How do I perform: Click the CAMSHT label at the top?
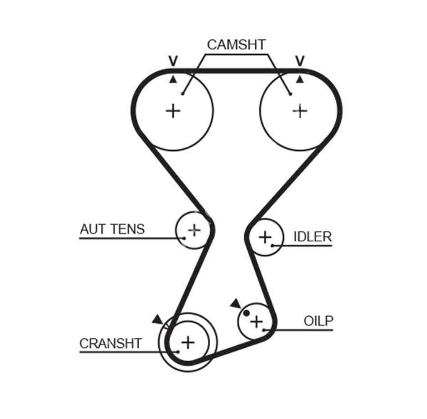[x=236, y=45]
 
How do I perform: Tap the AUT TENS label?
[x=112, y=229]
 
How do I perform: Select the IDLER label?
[x=312, y=237]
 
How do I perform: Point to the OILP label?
[x=318, y=321]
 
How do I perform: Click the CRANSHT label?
[x=111, y=344]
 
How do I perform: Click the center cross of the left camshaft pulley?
[x=173, y=111]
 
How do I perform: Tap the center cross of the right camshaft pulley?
[x=300, y=111]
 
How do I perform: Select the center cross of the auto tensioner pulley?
[x=194, y=229]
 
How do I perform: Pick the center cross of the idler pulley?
[x=265, y=237]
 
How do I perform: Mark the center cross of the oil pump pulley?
[x=256, y=322]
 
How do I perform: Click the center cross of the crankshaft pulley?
[x=188, y=342]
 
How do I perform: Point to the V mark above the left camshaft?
[x=173, y=61]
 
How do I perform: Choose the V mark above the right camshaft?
[x=300, y=61]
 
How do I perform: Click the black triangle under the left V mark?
[x=173, y=79]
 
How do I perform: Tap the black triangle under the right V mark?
[x=300, y=79]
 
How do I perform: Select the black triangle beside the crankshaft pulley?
[x=158, y=320]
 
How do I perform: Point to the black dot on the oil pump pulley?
[x=246, y=313]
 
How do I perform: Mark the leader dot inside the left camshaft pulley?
[x=183, y=94]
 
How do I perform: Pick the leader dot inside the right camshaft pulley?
[x=290, y=94]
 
